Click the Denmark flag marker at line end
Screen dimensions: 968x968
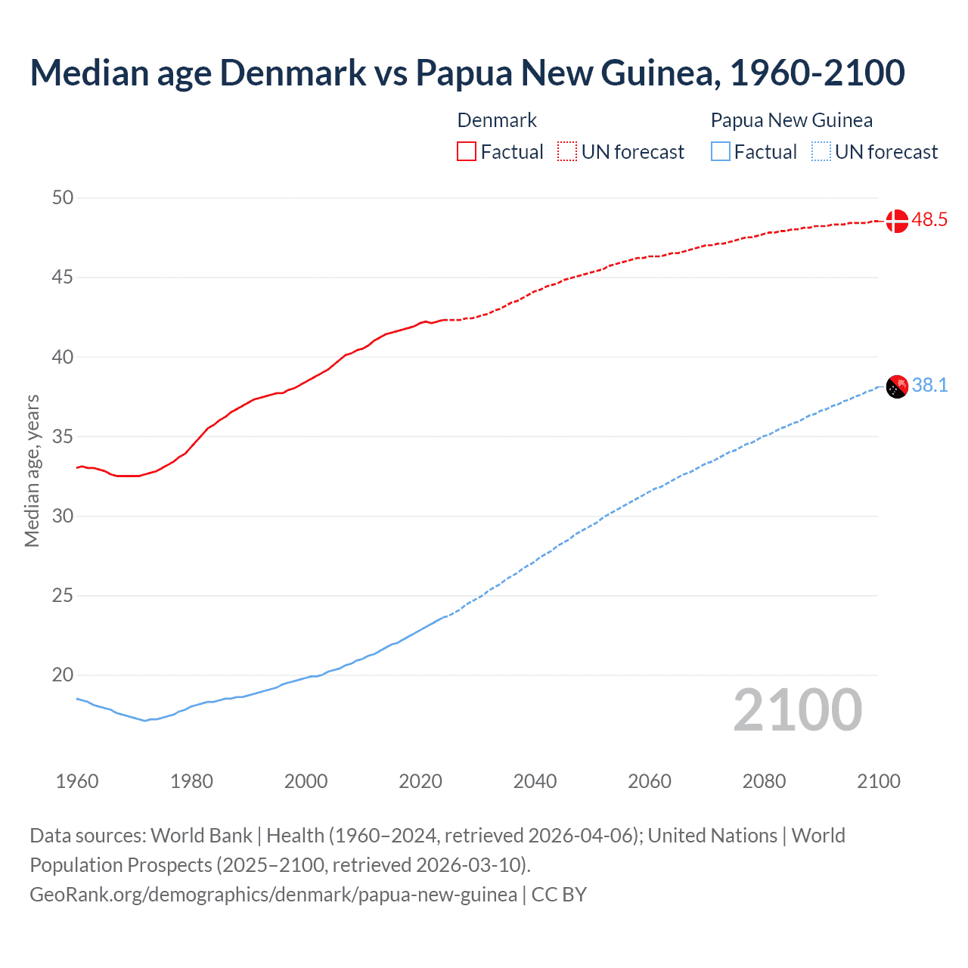click(896, 221)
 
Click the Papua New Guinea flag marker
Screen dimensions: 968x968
click(896, 386)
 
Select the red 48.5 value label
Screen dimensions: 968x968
click(929, 220)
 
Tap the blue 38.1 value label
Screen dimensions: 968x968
click(929, 386)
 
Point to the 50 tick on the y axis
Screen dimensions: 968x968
click(63, 198)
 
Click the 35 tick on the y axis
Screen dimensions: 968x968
click(63, 436)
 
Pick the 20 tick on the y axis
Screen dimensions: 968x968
click(63, 675)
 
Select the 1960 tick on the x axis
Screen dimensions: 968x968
click(77, 781)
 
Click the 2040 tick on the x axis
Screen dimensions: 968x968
click(535, 781)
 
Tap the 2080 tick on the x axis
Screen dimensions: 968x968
click(764, 781)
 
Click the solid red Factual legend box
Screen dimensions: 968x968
click(467, 152)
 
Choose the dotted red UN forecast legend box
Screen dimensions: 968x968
click(567, 152)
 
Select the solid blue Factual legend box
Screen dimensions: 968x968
click(721, 152)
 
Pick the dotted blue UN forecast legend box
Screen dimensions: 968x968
click(821, 152)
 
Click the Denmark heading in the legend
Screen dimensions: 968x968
click(497, 120)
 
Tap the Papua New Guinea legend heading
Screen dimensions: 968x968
click(791, 120)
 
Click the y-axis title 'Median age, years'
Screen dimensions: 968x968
click(32, 470)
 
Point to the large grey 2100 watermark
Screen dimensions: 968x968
click(798, 709)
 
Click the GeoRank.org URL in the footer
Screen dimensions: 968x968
click(273, 895)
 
